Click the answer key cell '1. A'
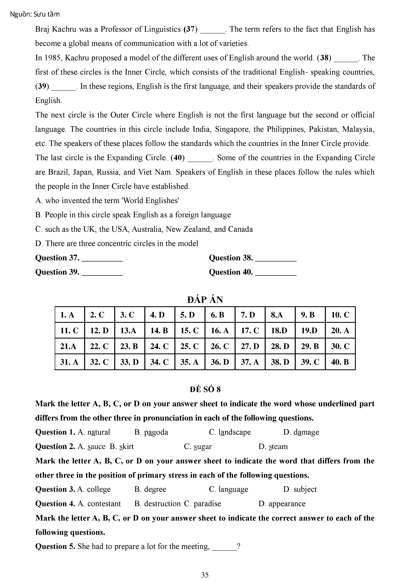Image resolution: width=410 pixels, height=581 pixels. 67,315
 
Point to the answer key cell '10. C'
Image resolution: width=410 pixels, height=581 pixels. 340,315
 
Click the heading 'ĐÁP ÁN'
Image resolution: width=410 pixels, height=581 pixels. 205,300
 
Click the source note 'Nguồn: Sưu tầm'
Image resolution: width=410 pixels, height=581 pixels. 35,14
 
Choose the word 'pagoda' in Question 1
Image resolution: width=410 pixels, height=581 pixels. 156,432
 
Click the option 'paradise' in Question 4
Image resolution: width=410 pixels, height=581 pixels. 207,503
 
